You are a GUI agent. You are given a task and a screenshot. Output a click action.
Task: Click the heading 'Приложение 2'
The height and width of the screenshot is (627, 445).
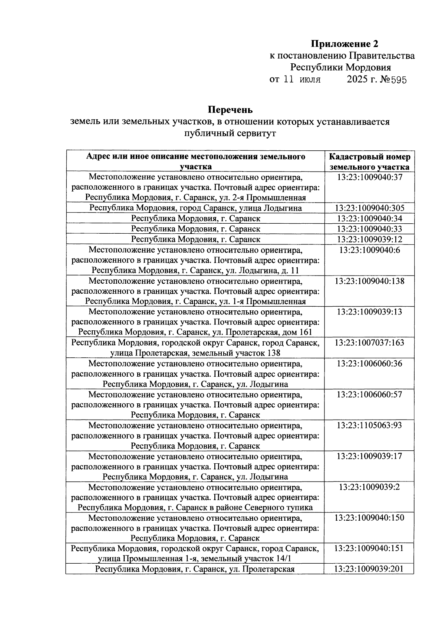pyautogui.click(x=345, y=44)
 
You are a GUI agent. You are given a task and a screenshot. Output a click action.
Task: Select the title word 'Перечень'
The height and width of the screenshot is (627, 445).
pyautogui.click(x=230, y=110)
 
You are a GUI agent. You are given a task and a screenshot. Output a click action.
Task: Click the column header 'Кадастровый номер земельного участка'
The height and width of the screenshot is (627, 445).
pyautogui.click(x=369, y=161)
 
